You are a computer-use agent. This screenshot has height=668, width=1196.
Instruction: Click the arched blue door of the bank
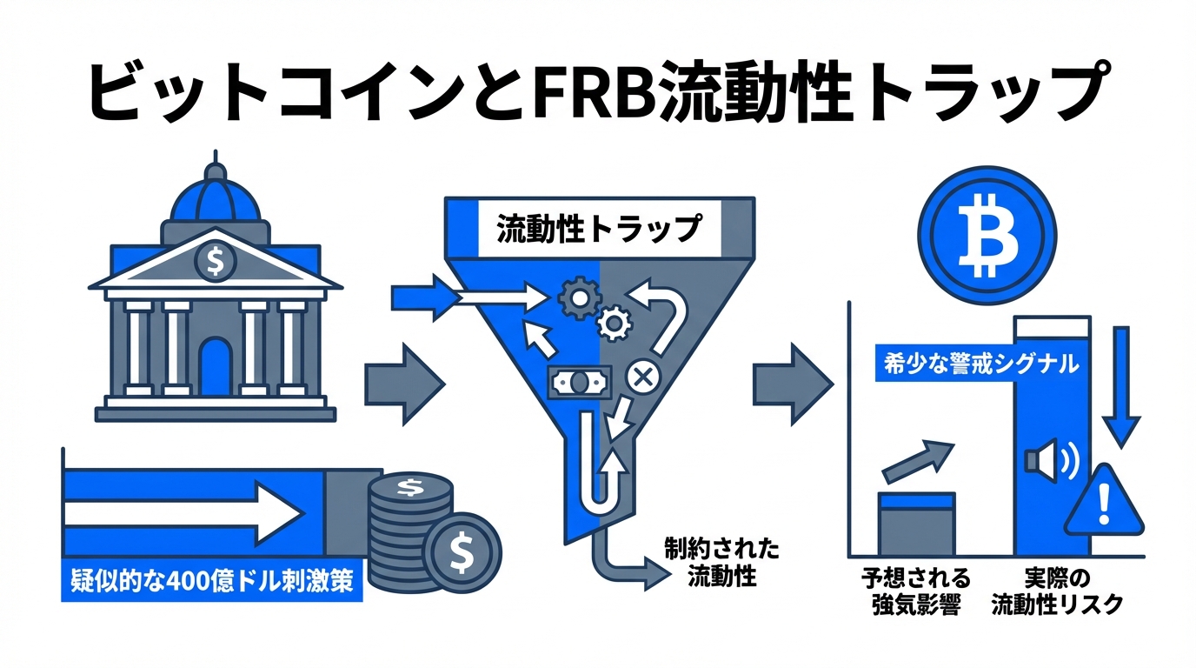(x=215, y=366)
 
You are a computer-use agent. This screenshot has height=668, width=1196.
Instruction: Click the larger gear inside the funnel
(x=575, y=297)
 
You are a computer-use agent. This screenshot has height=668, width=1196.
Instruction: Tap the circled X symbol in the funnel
(x=644, y=377)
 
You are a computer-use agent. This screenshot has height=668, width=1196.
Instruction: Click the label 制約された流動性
(x=721, y=562)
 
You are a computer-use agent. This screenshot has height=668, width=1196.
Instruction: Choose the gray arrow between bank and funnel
(x=403, y=385)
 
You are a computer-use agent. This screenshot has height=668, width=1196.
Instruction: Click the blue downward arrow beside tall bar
(x=1121, y=383)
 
